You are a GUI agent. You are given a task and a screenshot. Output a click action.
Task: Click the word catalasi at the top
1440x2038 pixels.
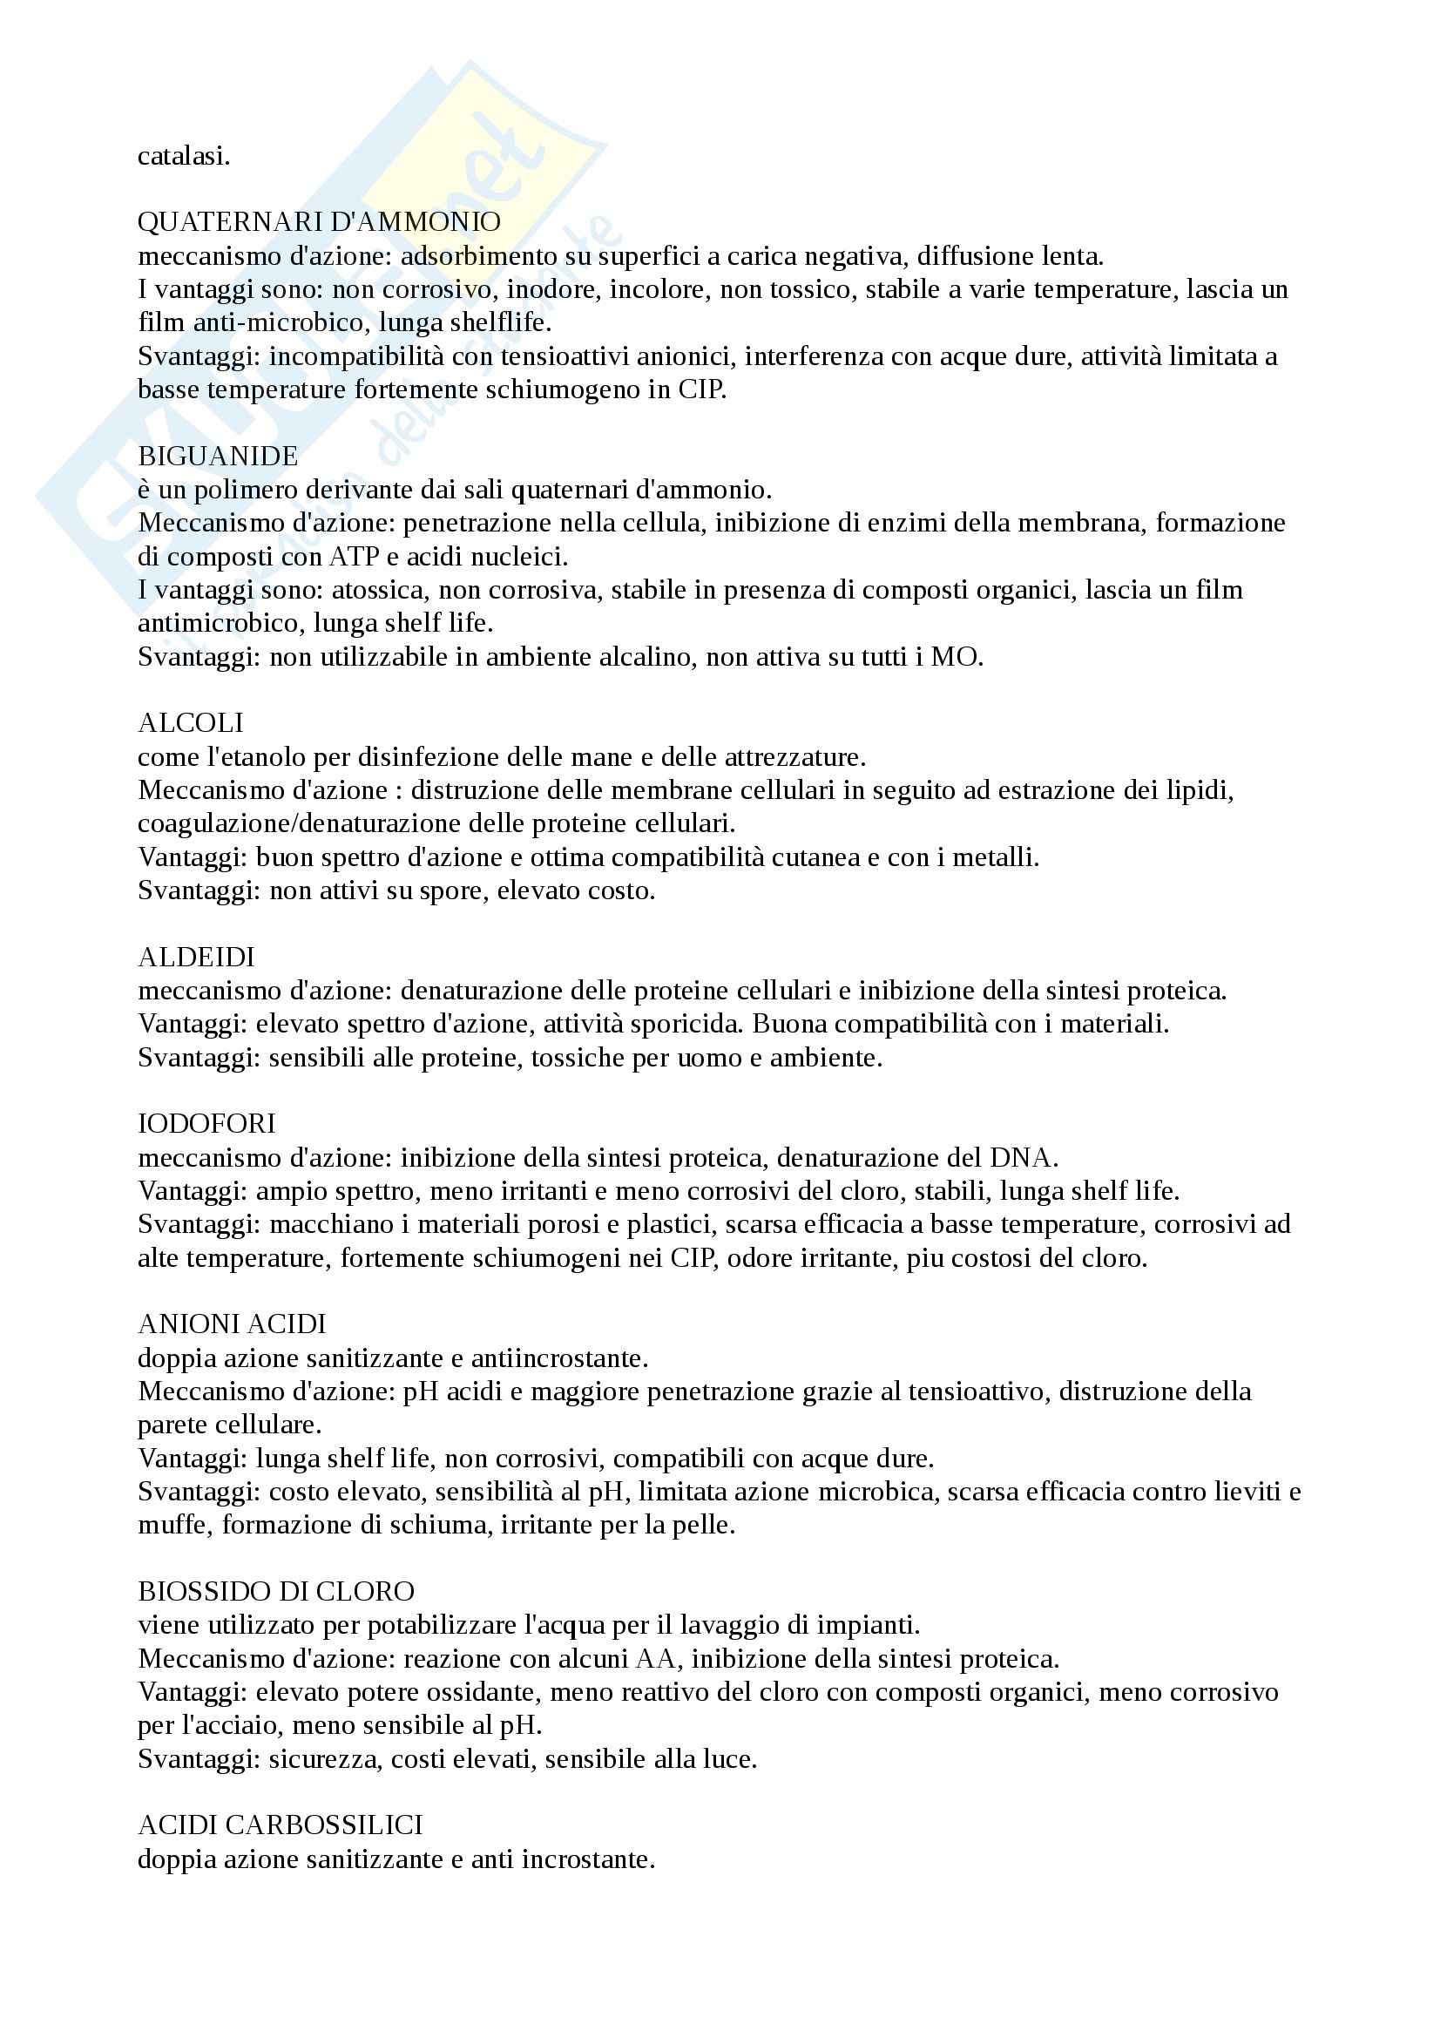pyautogui.click(x=184, y=156)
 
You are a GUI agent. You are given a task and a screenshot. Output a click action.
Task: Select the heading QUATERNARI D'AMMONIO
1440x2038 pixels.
pyautogui.click(x=320, y=222)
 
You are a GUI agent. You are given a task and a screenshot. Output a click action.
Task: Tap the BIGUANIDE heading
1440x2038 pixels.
pyautogui.click(x=219, y=457)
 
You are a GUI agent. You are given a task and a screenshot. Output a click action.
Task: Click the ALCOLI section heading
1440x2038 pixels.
pyautogui.click(x=191, y=722)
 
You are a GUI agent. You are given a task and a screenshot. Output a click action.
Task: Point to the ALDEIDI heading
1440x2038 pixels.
pyautogui.click(x=196, y=957)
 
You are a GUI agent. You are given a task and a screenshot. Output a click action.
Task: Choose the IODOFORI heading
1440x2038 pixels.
pyautogui.click(x=206, y=1124)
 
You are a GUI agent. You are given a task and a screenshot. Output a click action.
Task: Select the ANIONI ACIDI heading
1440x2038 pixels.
pyautogui.click(x=233, y=1324)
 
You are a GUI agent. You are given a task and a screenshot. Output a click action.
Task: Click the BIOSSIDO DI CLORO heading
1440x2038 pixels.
pyautogui.click(x=277, y=1591)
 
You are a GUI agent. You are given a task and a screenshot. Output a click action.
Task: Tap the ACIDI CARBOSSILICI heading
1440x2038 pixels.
pyautogui.click(x=281, y=1825)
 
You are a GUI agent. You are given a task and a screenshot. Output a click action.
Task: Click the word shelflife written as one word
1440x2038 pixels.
pyautogui.click(x=497, y=322)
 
